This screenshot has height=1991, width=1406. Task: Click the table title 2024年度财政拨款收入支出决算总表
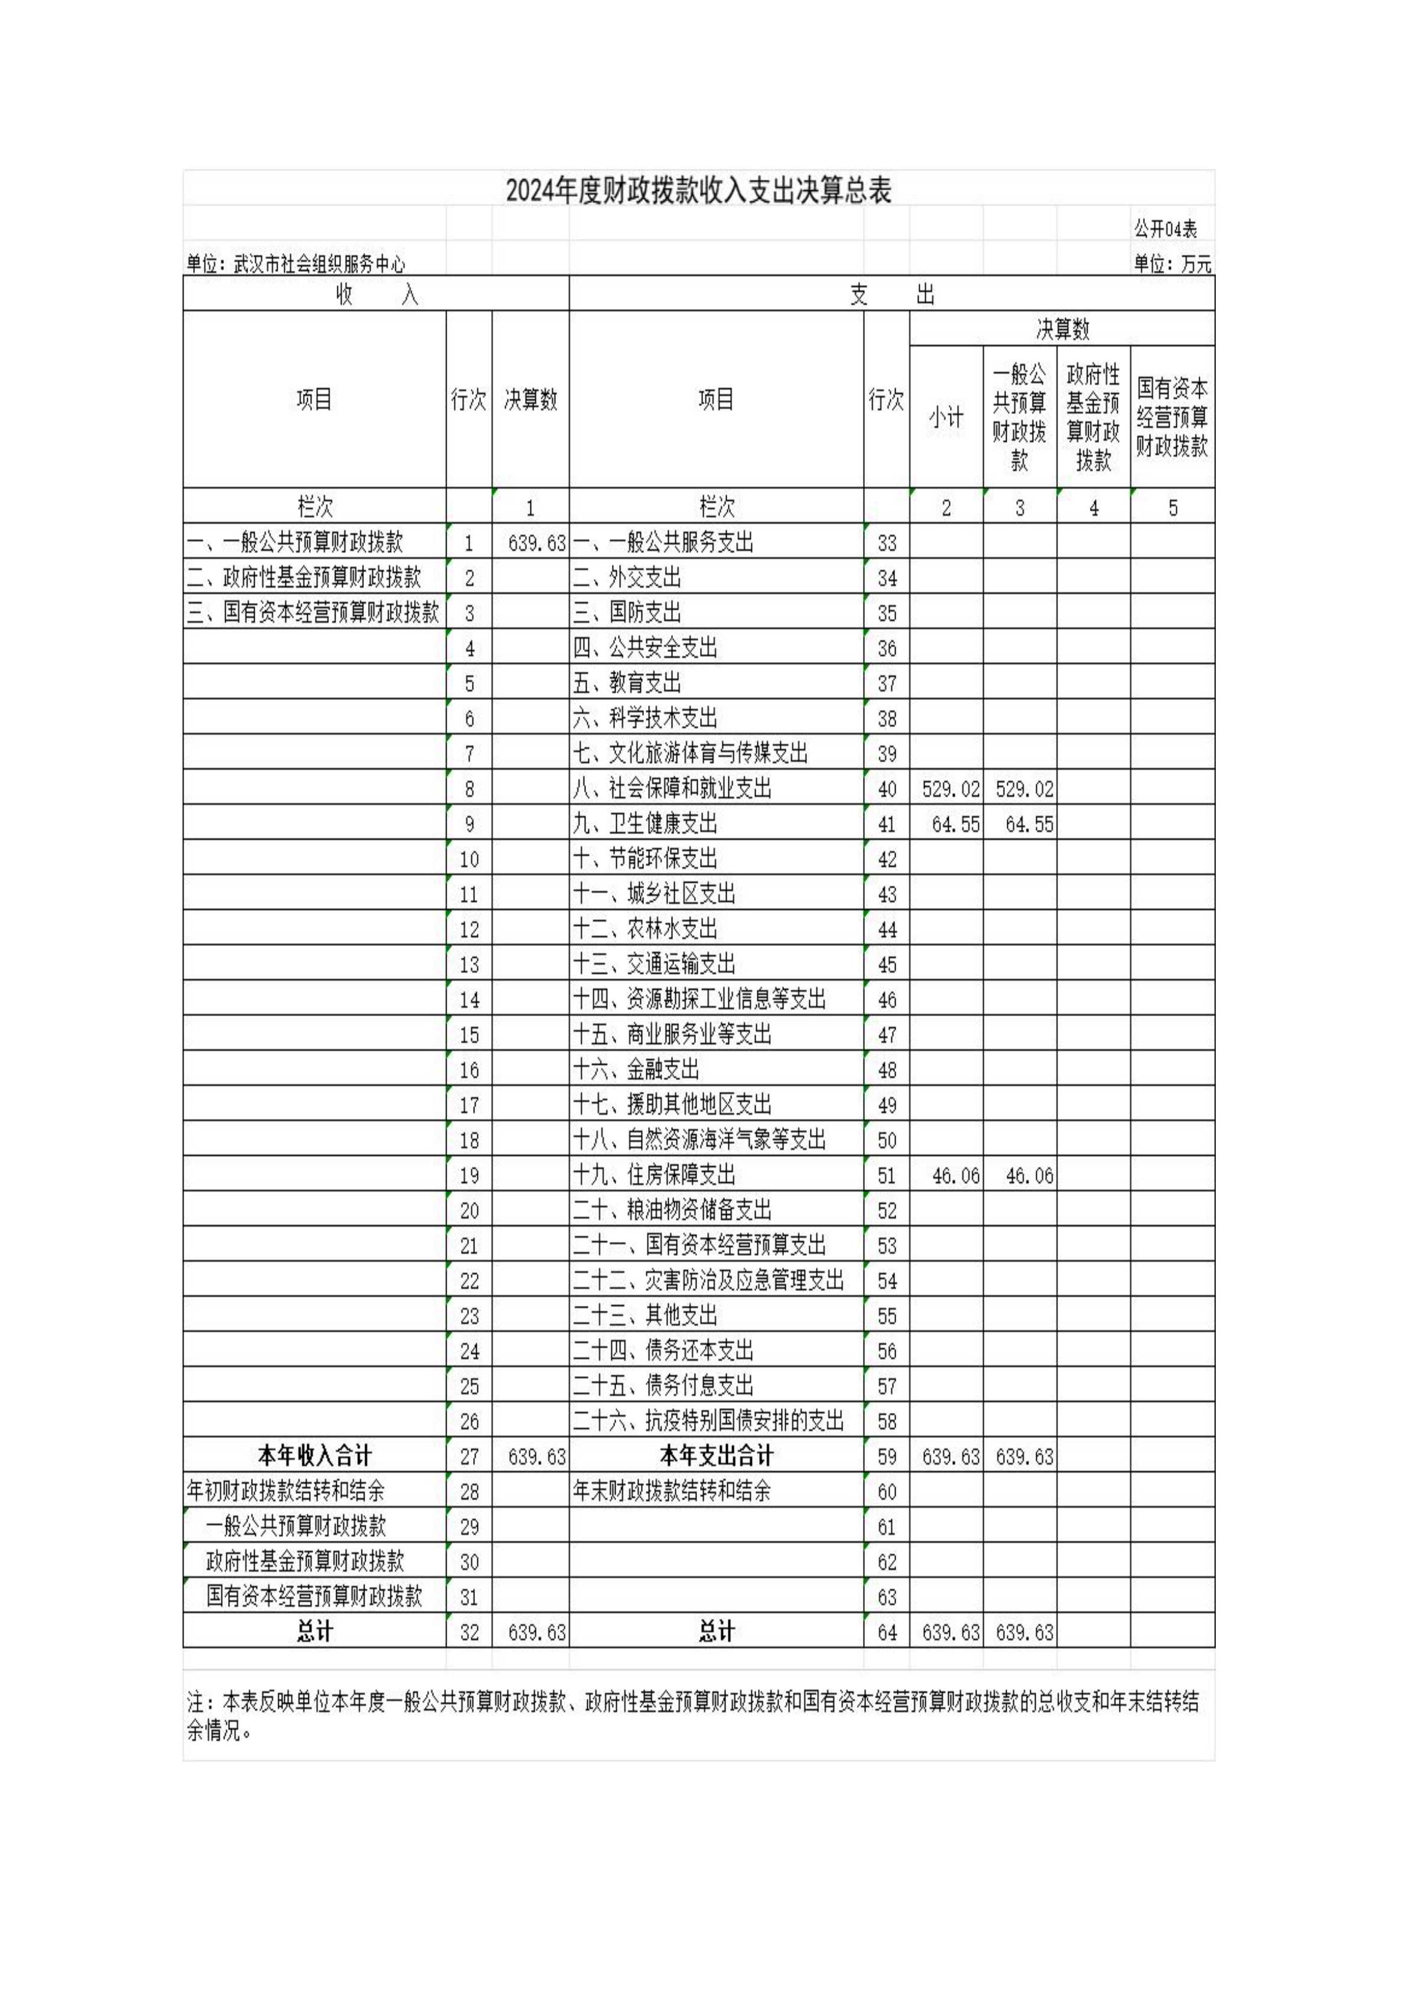(699, 191)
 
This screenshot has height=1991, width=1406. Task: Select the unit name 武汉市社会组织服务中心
(319, 264)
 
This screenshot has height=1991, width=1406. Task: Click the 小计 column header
(946, 417)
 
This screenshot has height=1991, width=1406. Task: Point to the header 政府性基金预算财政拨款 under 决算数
(1093, 417)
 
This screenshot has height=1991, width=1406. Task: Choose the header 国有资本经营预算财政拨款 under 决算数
(1172, 417)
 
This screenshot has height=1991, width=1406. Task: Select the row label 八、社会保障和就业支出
(672, 788)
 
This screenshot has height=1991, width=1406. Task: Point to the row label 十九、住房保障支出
(653, 1175)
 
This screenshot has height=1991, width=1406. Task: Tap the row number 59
(886, 1457)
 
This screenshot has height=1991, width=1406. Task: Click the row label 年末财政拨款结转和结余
(671, 1491)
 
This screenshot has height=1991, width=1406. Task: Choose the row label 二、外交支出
(627, 578)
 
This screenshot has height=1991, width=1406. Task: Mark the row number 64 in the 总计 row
(886, 1633)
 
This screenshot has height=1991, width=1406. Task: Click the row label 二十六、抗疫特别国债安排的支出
(707, 1421)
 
